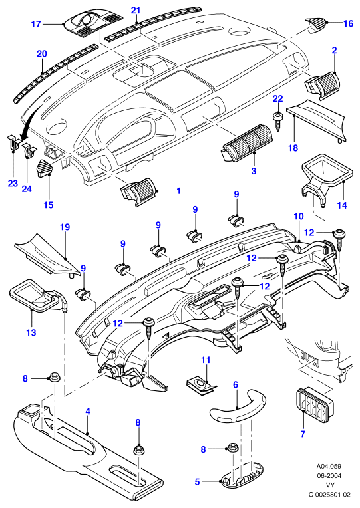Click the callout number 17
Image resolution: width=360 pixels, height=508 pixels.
[36, 24]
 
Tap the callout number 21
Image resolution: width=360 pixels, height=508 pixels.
[136, 11]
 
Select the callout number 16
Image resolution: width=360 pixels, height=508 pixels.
[348, 23]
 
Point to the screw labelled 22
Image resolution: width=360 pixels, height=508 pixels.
[277, 121]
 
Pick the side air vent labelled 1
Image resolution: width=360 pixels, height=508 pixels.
[138, 191]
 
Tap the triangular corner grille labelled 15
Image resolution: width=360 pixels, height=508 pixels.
[45, 168]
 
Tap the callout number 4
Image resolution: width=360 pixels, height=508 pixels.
[88, 412]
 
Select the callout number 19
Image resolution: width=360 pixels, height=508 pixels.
[65, 227]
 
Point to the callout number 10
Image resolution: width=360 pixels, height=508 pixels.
[299, 216]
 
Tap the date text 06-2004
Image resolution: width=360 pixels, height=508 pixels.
[329, 476]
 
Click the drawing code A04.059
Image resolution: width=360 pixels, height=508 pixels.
[329, 467]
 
